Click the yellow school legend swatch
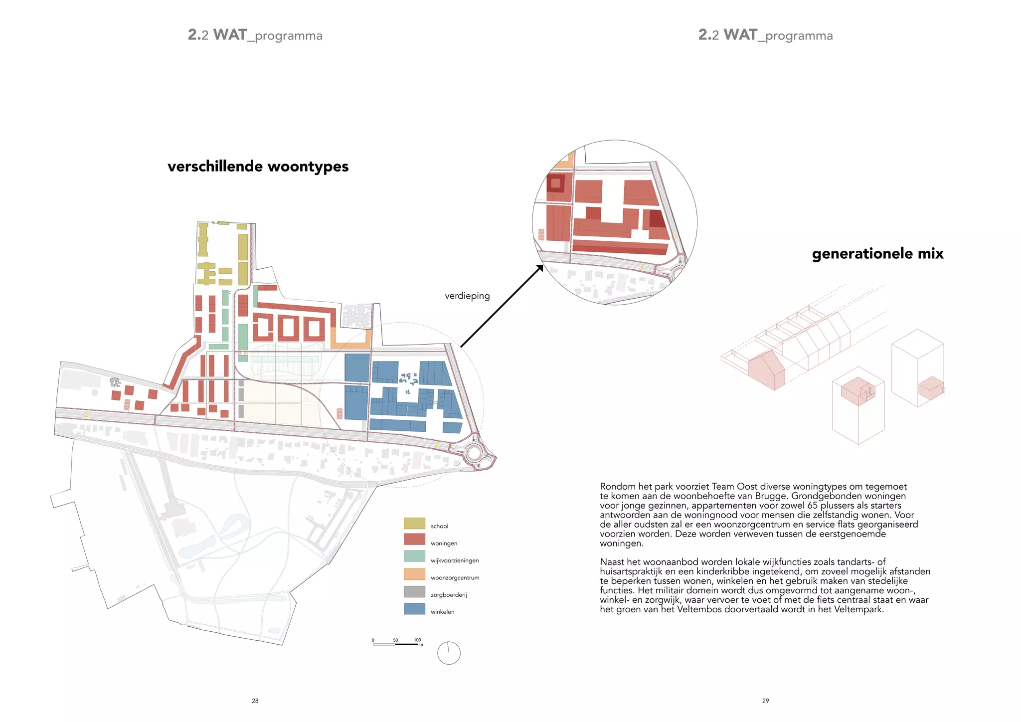pyautogui.click(x=414, y=523)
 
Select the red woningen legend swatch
pyautogui.click(x=414, y=539)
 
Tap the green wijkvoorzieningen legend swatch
pyautogui.click(x=414, y=556)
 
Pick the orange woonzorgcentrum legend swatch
pyautogui.click(x=414, y=574)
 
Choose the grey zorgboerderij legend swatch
pyautogui.click(x=414, y=591)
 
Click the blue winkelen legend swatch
pyautogui.click(x=414, y=609)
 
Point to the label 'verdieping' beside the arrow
pyautogui.click(x=467, y=296)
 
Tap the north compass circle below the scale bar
pyautogui.click(x=449, y=653)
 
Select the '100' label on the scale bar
pyautogui.click(x=417, y=640)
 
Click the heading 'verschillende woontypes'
pyautogui.click(x=258, y=167)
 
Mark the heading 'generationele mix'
pyautogui.click(x=877, y=254)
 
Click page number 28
pyautogui.click(x=255, y=701)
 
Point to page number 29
pyautogui.click(x=765, y=701)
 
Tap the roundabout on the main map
pyautogui.click(x=474, y=454)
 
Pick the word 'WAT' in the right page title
pyautogui.click(x=740, y=35)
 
